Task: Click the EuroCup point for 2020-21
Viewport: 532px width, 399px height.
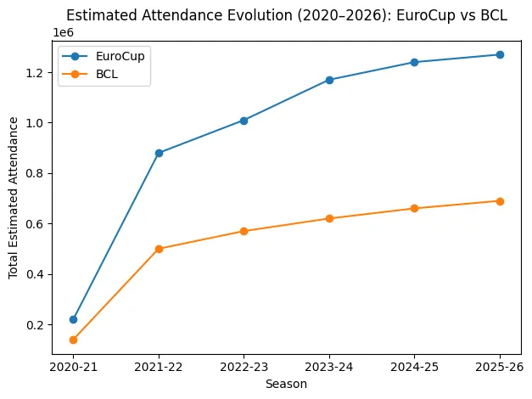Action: [x=73, y=319]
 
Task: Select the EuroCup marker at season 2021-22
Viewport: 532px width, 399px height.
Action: [x=159, y=153]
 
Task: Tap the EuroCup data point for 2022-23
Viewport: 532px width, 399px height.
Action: [x=244, y=121]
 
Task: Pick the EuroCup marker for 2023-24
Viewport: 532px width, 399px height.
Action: [x=329, y=80]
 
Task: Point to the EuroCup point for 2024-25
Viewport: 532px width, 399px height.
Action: [x=414, y=62]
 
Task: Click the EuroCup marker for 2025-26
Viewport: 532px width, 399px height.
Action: [x=500, y=54]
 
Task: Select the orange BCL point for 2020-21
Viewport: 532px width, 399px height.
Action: [x=73, y=340]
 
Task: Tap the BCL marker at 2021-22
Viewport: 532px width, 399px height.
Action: [x=159, y=249]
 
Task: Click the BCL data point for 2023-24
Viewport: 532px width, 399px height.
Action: [x=329, y=218]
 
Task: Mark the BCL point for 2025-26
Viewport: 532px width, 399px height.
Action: [x=500, y=201]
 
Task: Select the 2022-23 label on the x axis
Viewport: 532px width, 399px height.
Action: [x=244, y=367]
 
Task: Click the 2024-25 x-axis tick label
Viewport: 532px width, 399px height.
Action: [x=414, y=367]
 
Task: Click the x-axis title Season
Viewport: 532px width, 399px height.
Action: [x=286, y=384]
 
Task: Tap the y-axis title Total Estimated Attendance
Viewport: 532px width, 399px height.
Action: [x=14, y=197]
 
